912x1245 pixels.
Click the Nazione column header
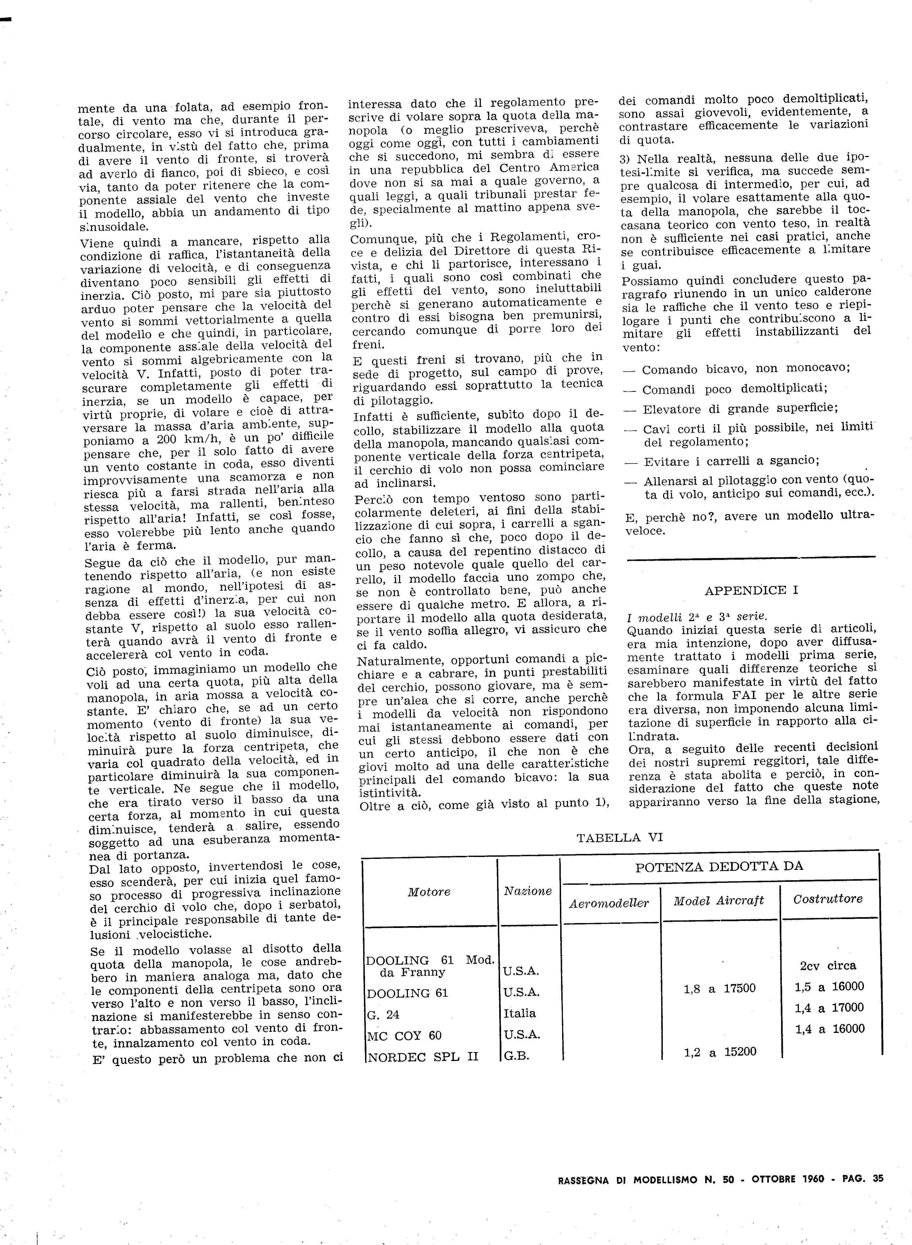coord(528,891)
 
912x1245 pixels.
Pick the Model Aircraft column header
coord(719,901)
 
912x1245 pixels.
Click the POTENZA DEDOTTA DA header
coord(719,867)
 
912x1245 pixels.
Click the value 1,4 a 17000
coord(829,1008)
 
